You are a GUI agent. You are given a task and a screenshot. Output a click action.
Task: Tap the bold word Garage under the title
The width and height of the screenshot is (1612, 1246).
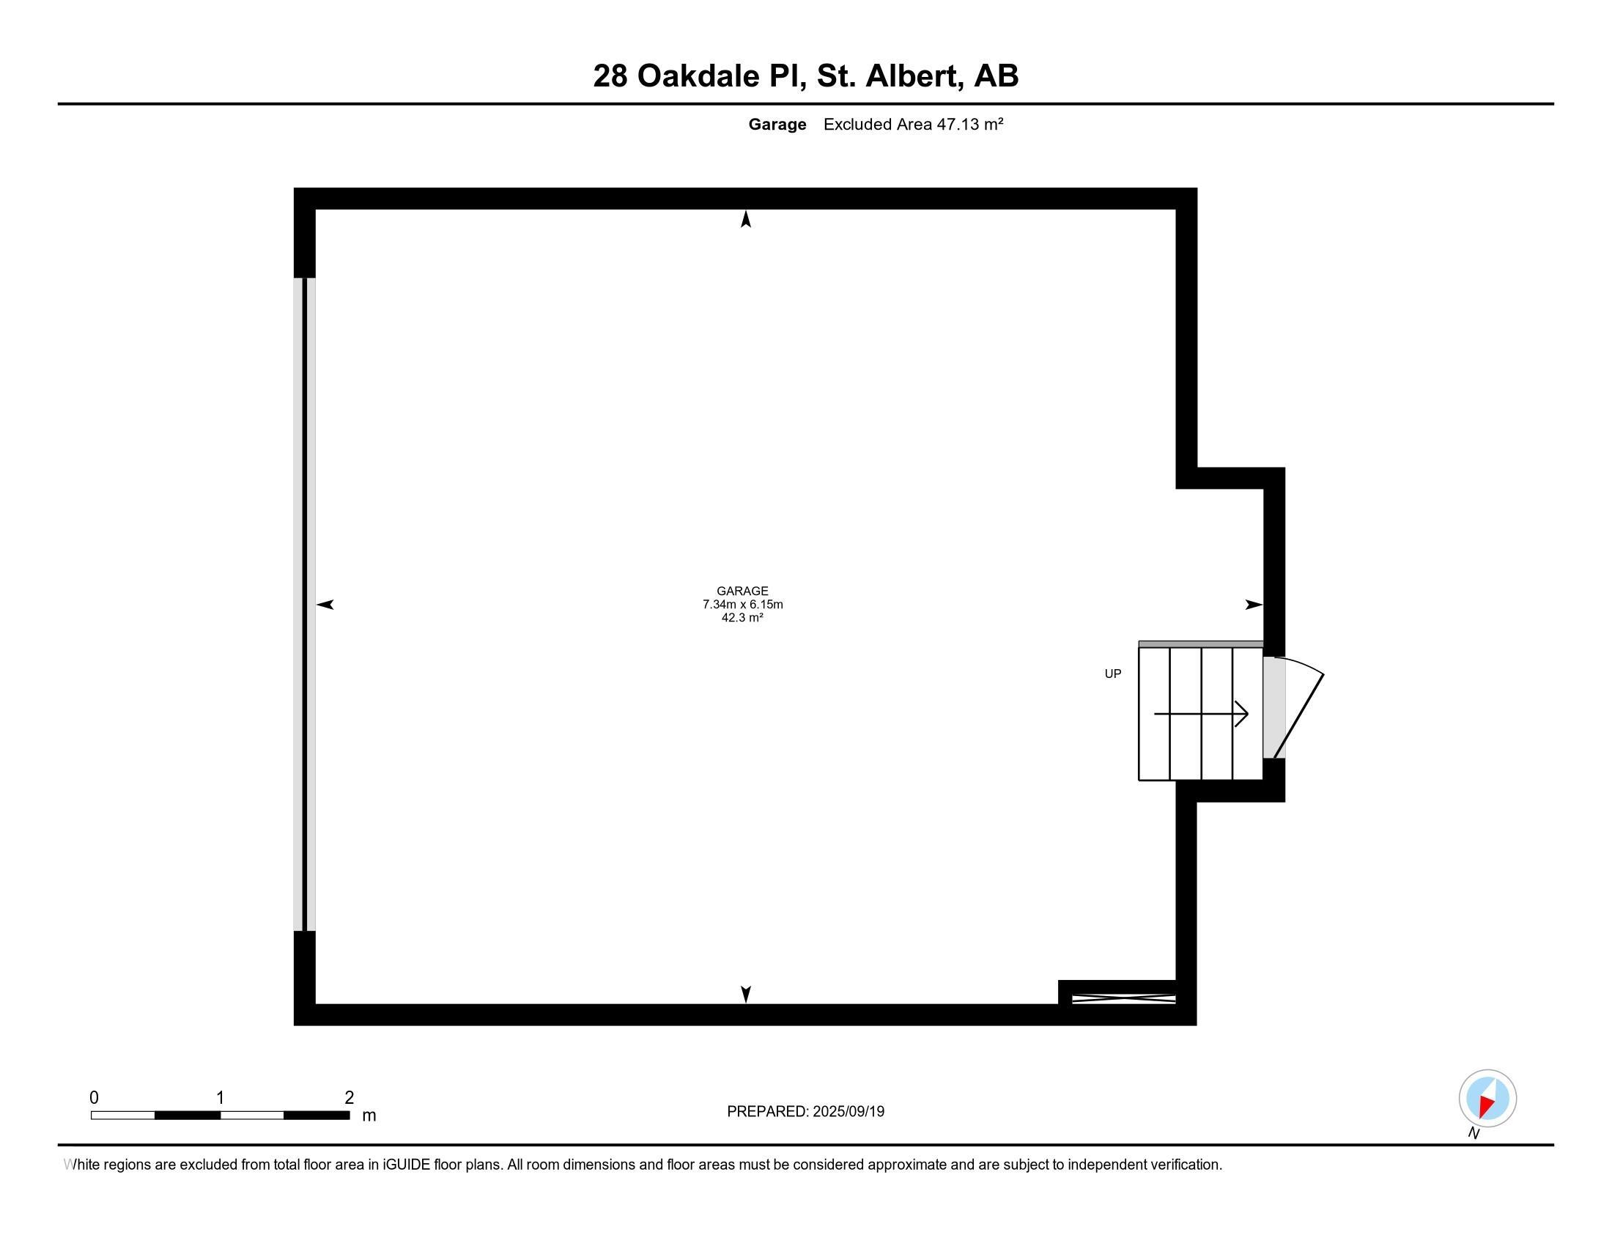tap(777, 125)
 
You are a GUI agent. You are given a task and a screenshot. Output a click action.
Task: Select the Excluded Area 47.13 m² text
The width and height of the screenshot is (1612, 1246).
tap(913, 124)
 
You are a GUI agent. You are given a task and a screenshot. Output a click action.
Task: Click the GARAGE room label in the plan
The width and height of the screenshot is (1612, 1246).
tap(742, 591)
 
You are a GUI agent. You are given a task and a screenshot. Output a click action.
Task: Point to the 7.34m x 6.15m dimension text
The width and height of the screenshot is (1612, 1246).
tap(742, 604)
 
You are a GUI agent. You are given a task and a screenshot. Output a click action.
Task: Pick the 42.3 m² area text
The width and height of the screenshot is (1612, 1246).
tap(742, 617)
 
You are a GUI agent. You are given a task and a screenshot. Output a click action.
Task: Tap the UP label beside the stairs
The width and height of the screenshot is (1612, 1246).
tap(1113, 673)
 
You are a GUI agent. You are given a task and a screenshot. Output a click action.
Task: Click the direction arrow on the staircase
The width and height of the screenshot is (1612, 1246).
tap(1201, 714)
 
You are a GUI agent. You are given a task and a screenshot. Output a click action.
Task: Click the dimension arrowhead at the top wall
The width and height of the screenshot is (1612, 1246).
tap(746, 219)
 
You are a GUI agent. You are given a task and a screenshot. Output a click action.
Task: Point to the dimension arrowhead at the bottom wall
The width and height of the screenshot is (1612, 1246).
tap(746, 995)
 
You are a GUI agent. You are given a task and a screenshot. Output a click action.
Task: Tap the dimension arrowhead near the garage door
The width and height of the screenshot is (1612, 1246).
tap(325, 605)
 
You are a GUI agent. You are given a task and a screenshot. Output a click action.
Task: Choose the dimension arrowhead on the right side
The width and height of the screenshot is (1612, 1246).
tap(1254, 605)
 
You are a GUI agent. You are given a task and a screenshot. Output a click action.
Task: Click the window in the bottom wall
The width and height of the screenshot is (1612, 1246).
tap(1123, 999)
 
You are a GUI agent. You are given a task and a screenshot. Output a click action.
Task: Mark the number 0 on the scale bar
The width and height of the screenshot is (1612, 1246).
tap(95, 1097)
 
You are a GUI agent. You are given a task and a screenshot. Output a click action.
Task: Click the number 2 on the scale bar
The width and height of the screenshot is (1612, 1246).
tap(349, 1097)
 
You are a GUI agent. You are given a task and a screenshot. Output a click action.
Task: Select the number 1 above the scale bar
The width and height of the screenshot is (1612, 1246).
tap(220, 1097)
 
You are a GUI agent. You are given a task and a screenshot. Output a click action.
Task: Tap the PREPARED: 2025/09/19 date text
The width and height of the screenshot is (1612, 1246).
tap(805, 1111)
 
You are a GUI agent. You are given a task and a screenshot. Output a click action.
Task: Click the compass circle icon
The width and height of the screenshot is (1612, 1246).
tap(1487, 1098)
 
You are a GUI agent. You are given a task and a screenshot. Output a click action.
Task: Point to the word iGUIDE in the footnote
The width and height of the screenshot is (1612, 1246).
tap(407, 1164)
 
